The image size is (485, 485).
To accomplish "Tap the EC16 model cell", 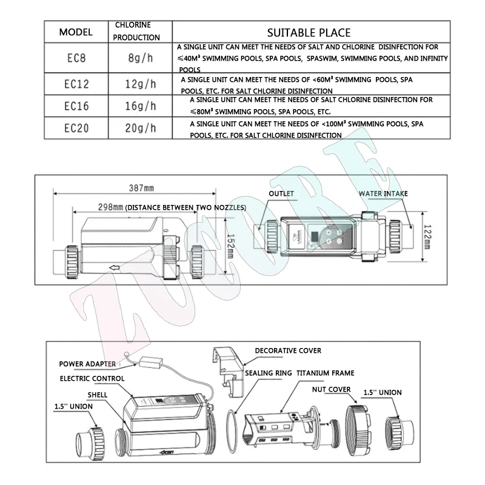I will coord(76,105).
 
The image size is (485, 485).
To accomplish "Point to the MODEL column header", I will coord(76,32).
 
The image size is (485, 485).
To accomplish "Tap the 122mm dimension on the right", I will coord(426,232).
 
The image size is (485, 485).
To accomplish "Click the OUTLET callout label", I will coord(281,194).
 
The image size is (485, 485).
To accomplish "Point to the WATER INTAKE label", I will coord(383,194).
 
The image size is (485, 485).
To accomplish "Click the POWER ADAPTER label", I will coord(87,364).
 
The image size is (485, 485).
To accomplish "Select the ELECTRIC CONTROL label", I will coord(92,379).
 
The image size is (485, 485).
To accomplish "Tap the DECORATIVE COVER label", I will coord(288,350).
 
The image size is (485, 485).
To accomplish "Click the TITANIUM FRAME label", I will coord(326,373).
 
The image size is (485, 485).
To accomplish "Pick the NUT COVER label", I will coord(331,390).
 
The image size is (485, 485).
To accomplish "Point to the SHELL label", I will coord(97,395).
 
